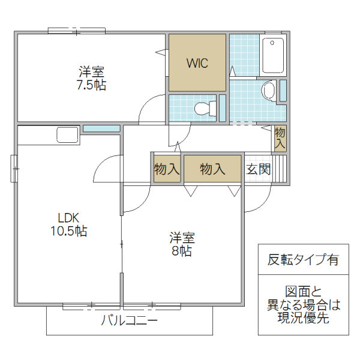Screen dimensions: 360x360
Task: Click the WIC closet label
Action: point(197,63)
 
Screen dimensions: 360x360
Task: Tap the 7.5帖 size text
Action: point(91,85)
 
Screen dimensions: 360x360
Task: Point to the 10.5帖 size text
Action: point(68,231)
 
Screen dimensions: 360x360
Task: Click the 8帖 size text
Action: point(181,251)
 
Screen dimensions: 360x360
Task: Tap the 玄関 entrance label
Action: point(258,169)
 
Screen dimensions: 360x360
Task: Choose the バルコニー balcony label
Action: point(129,321)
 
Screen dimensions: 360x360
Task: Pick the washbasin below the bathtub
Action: point(268,91)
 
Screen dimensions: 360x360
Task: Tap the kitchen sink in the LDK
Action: point(65,134)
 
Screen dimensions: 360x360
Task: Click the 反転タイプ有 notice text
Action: point(303,260)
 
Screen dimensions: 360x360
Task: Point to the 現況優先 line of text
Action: point(303,319)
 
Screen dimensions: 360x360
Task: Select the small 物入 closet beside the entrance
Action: point(280,138)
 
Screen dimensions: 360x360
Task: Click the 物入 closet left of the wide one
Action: point(166,169)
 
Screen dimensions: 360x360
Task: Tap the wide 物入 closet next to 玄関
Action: point(212,169)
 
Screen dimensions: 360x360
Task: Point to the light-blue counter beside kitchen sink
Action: point(101,128)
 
